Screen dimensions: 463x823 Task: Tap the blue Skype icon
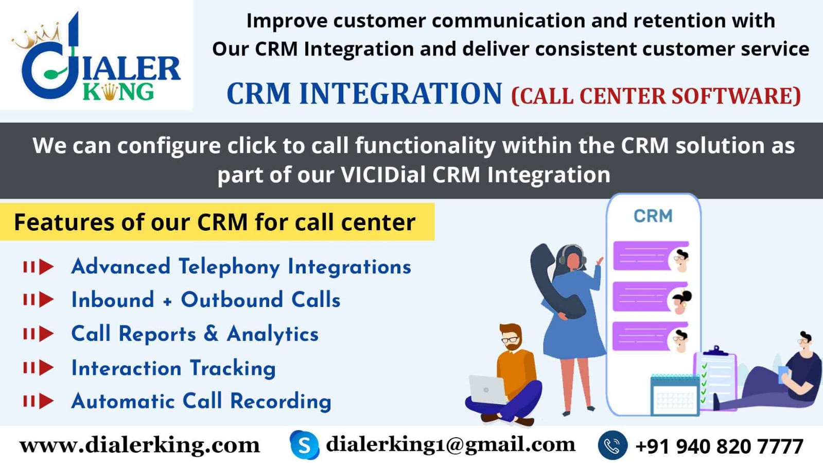(x=304, y=445)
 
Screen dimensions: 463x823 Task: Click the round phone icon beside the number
(x=612, y=445)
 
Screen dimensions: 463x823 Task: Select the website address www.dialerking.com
(x=139, y=445)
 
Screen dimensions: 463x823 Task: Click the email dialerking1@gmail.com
(x=450, y=444)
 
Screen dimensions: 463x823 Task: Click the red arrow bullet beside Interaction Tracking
(x=39, y=368)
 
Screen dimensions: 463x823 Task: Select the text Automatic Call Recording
(x=201, y=401)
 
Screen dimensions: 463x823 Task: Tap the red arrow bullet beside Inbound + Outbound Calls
(x=39, y=300)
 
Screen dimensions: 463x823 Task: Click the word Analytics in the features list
(x=273, y=334)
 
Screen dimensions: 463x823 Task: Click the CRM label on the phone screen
(x=653, y=216)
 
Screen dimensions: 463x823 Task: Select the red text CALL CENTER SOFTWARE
(x=656, y=96)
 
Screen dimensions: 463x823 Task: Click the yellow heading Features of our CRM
(x=215, y=222)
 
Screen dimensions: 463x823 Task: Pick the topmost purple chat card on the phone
(x=650, y=256)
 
